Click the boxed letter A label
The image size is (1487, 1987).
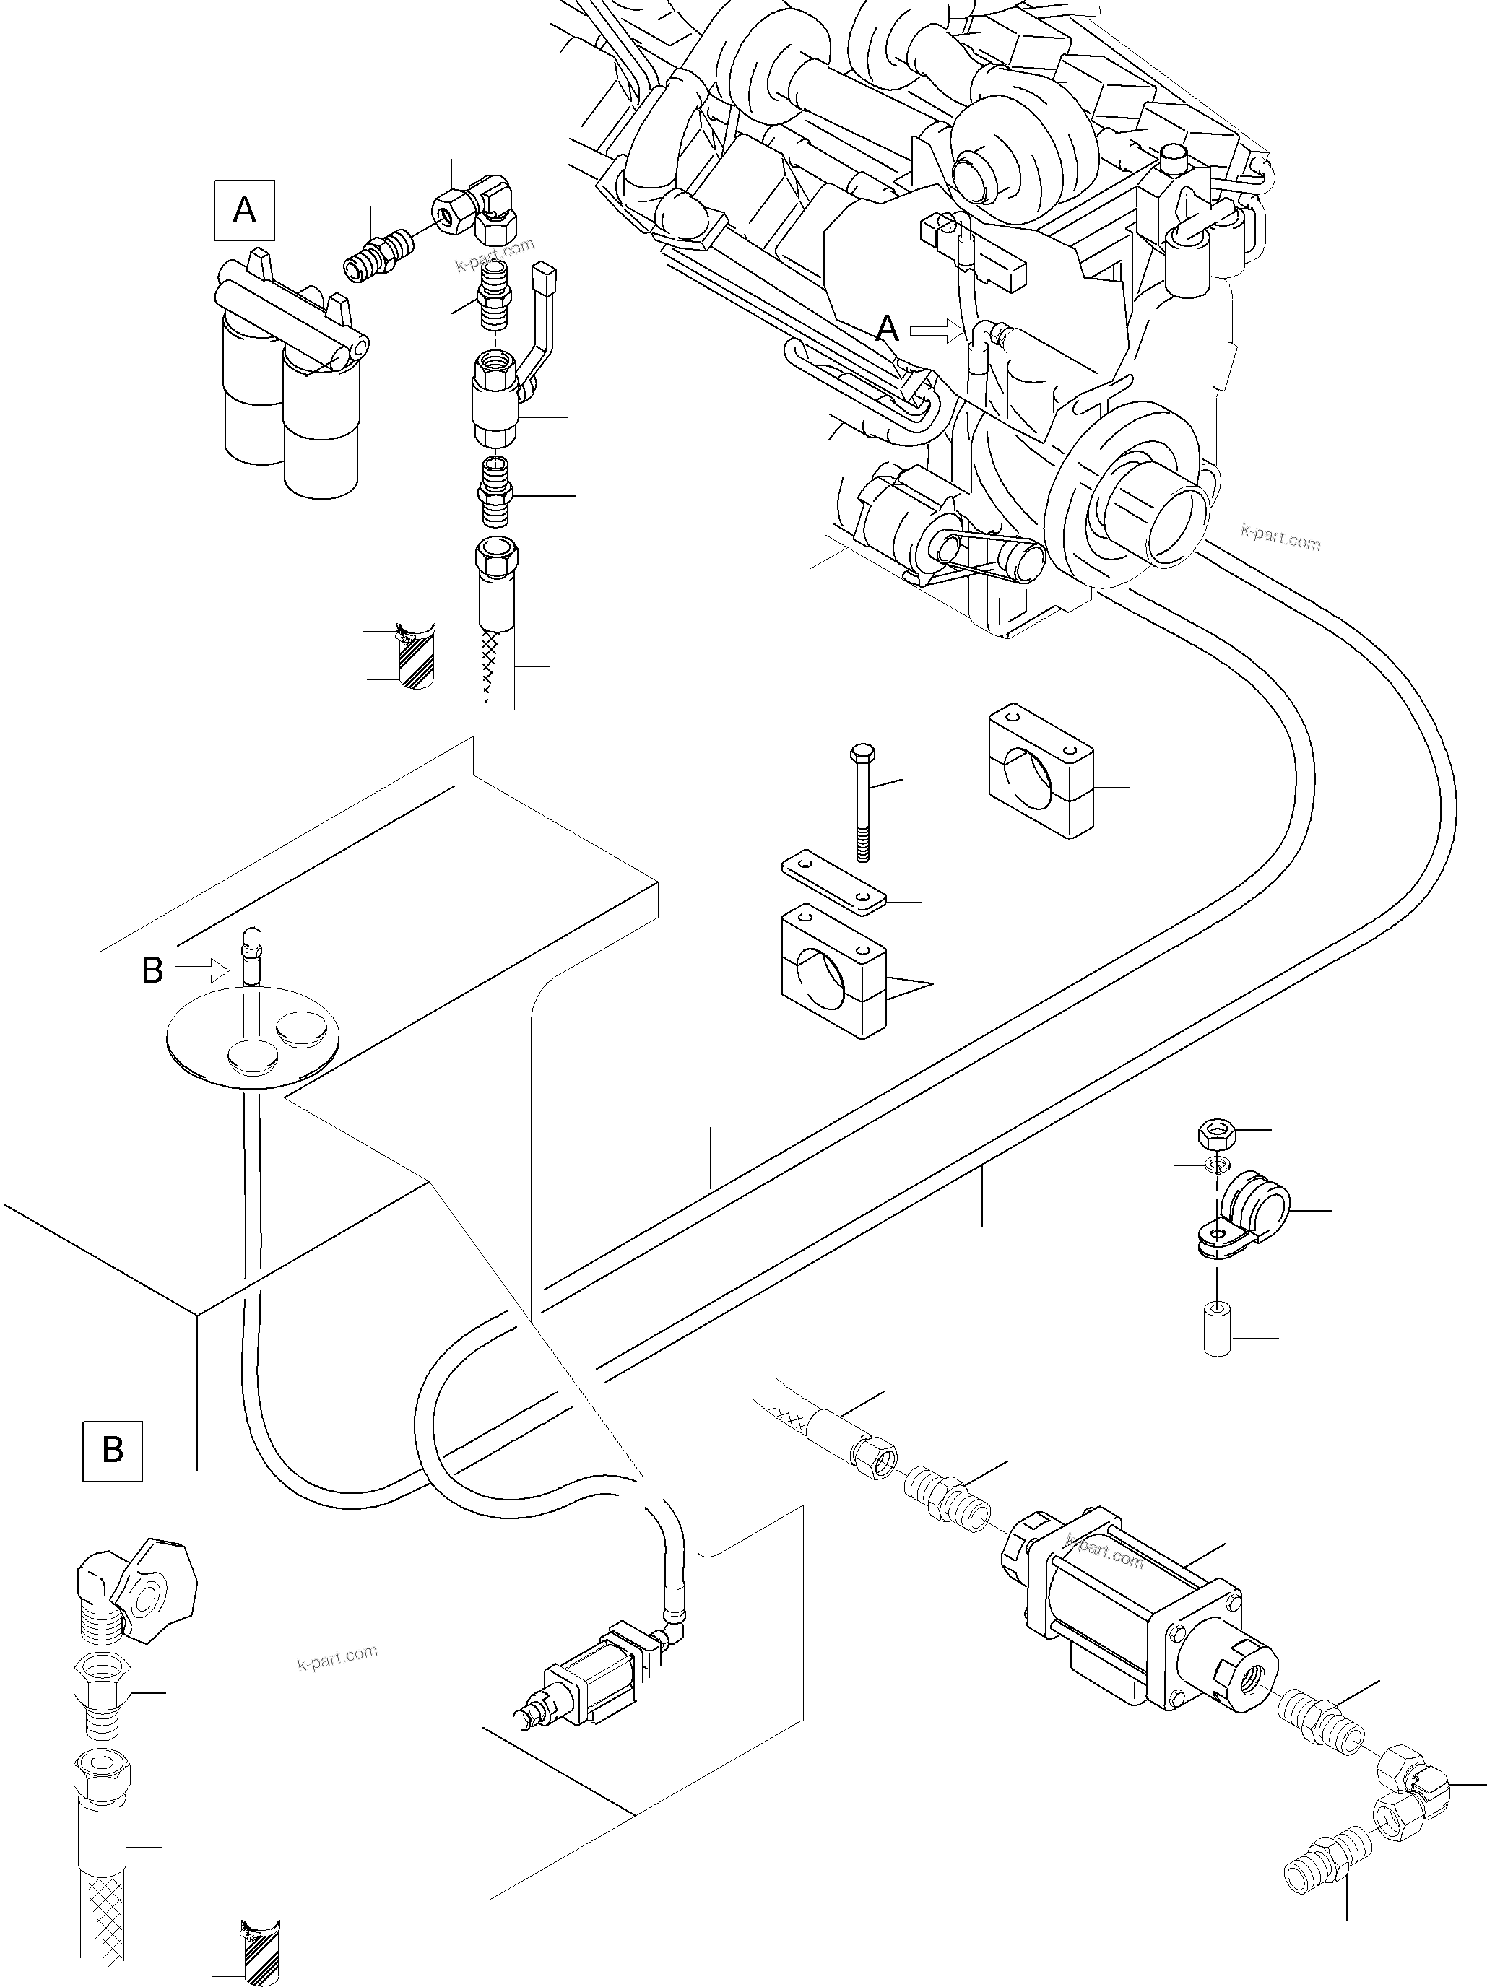coord(244,211)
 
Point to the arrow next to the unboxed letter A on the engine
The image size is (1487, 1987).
coord(934,331)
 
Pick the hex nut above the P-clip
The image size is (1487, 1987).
coord(1217,1134)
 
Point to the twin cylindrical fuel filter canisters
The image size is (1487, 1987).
coord(292,378)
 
